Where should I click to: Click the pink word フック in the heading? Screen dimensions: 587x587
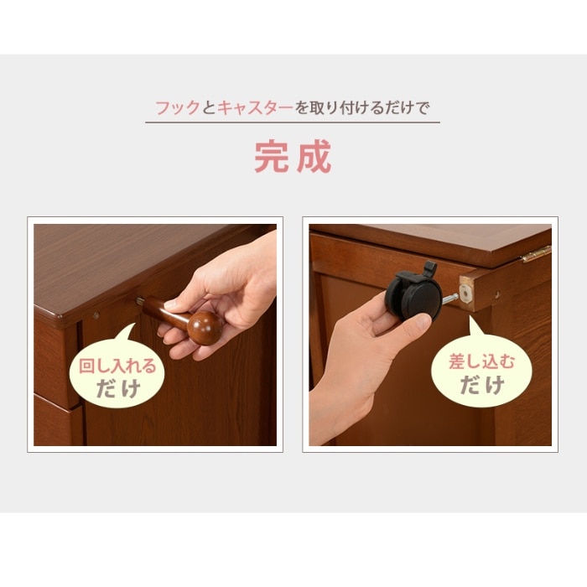(178, 108)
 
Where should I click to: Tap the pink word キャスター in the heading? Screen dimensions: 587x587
(255, 108)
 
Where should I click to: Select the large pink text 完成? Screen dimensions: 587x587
(293, 156)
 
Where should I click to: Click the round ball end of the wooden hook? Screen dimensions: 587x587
(204, 328)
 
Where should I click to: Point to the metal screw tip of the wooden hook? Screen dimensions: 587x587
(140, 300)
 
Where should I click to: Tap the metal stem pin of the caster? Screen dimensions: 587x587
(450, 299)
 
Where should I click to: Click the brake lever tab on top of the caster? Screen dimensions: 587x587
(429, 267)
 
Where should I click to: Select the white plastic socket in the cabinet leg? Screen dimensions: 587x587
(465, 293)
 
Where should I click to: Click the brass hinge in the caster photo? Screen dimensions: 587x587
(537, 254)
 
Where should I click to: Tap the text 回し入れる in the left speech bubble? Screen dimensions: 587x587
(117, 366)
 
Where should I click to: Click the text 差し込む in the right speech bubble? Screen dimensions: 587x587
(482, 361)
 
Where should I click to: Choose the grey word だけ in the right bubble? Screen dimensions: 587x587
(482, 385)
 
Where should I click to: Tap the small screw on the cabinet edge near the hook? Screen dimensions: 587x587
(96, 315)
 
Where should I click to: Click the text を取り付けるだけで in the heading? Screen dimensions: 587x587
(362, 108)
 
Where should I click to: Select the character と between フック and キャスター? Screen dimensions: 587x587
(209, 108)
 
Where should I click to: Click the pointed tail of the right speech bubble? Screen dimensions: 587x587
(470, 318)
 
